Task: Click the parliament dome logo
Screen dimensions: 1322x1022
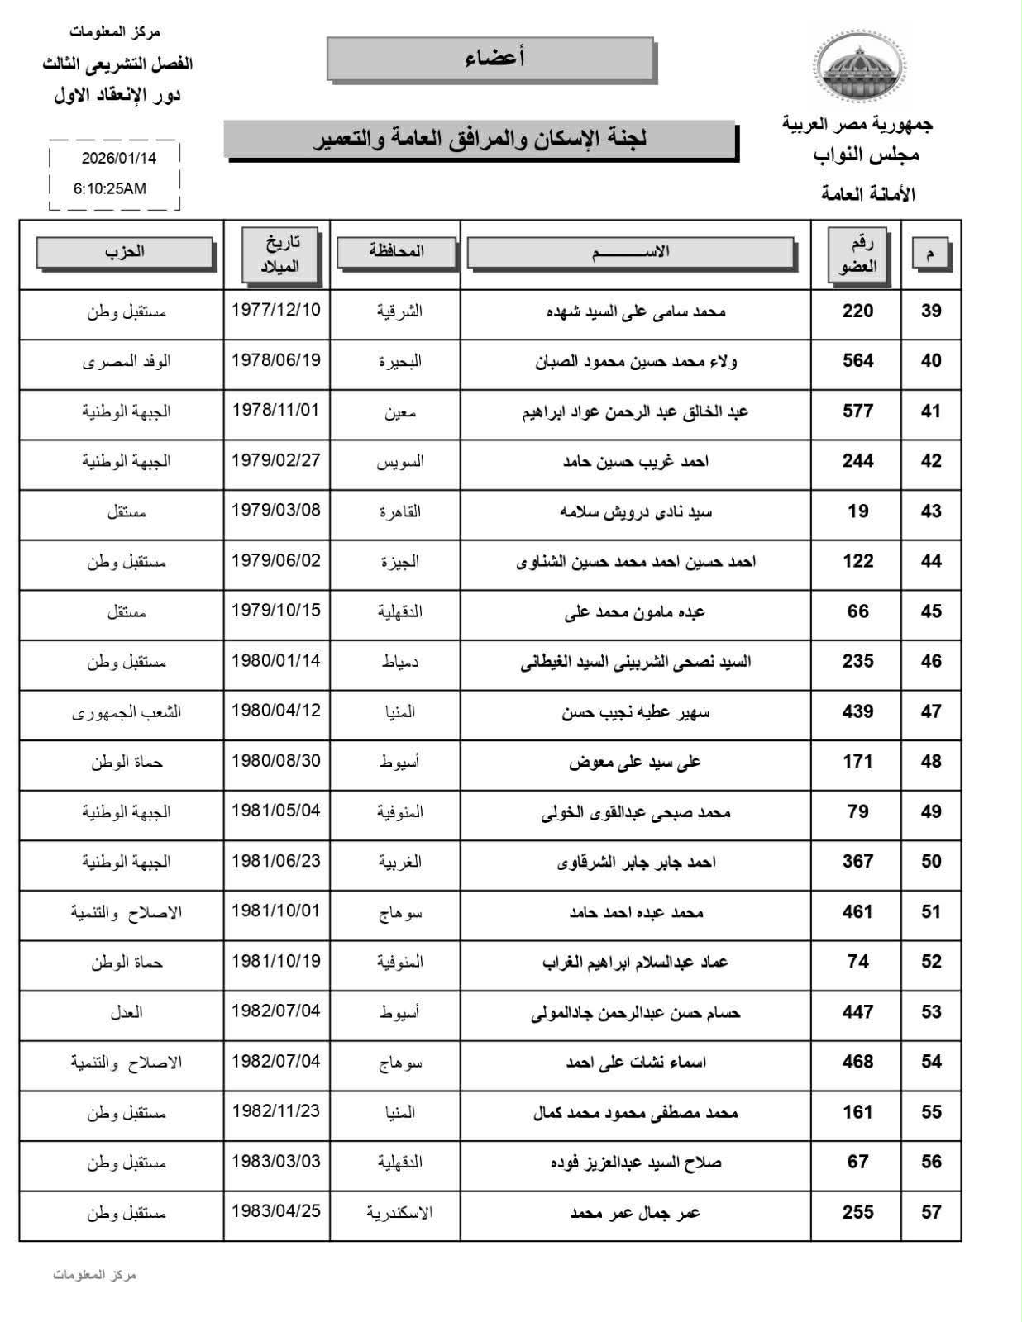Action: [859, 65]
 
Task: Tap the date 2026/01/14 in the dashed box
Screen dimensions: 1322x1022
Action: [119, 158]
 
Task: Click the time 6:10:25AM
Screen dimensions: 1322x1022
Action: [110, 188]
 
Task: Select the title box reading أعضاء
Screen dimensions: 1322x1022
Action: [491, 59]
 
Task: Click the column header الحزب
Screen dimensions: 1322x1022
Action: [125, 252]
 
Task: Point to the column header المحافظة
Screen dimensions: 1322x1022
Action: [396, 251]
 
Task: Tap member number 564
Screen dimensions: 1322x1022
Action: [857, 361]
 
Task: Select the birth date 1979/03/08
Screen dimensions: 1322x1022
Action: [275, 510]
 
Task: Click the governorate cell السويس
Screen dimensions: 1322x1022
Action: [400, 461]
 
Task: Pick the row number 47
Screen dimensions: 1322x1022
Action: [931, 711]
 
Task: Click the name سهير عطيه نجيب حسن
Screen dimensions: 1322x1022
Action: [635, 712]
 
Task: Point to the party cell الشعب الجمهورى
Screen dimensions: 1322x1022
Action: [127, 712]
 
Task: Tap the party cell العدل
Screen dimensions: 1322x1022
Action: [127, 1012]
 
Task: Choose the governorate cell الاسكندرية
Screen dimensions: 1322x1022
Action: [399, 1213]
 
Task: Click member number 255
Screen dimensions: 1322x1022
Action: [857, 1212]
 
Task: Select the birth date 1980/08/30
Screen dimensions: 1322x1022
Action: [275, 760]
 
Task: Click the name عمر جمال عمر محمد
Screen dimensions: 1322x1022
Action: [635, 1213]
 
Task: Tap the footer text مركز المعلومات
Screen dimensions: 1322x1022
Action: [94, 1275]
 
